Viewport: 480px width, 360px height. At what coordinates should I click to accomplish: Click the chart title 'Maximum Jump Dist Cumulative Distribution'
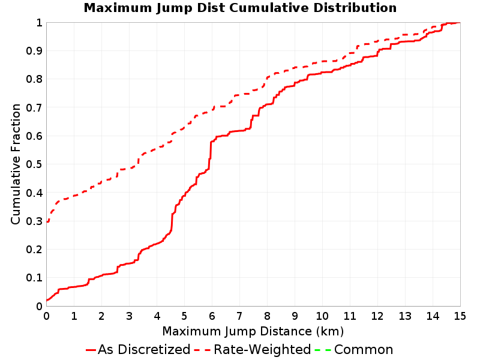point(240,8)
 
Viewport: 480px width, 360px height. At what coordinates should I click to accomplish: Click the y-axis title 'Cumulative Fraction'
point(16,164)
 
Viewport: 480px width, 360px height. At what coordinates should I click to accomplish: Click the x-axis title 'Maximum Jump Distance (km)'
point(253,332)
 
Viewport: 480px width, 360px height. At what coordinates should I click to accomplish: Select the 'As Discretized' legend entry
point(138,349)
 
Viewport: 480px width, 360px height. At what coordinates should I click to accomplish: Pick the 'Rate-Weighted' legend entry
point(253,349)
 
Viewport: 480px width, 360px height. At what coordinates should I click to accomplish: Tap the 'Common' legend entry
point(354,349)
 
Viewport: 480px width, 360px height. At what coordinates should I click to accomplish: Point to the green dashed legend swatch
point(323,350)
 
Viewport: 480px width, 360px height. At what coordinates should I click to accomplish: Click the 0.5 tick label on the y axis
point(34,164)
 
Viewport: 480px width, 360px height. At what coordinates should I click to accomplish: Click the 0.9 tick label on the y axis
point(34,51)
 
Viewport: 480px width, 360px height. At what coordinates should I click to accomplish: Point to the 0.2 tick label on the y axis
point(34,250)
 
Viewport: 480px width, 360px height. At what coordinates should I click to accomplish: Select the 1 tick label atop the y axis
point(39,23)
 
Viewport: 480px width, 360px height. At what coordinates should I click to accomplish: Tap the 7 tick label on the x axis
point(239,316)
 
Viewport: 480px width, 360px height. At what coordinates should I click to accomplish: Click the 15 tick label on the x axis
point(460,316)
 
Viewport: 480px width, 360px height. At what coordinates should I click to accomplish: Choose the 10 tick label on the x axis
point(322,316)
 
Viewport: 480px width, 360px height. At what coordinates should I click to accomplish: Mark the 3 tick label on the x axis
point(129,316)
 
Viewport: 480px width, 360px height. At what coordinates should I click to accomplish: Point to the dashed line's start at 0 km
point(47,221)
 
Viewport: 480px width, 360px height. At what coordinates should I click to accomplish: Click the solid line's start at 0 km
point(47,300)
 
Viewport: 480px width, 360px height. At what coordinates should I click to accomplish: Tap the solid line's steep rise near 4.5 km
point(172,221)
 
